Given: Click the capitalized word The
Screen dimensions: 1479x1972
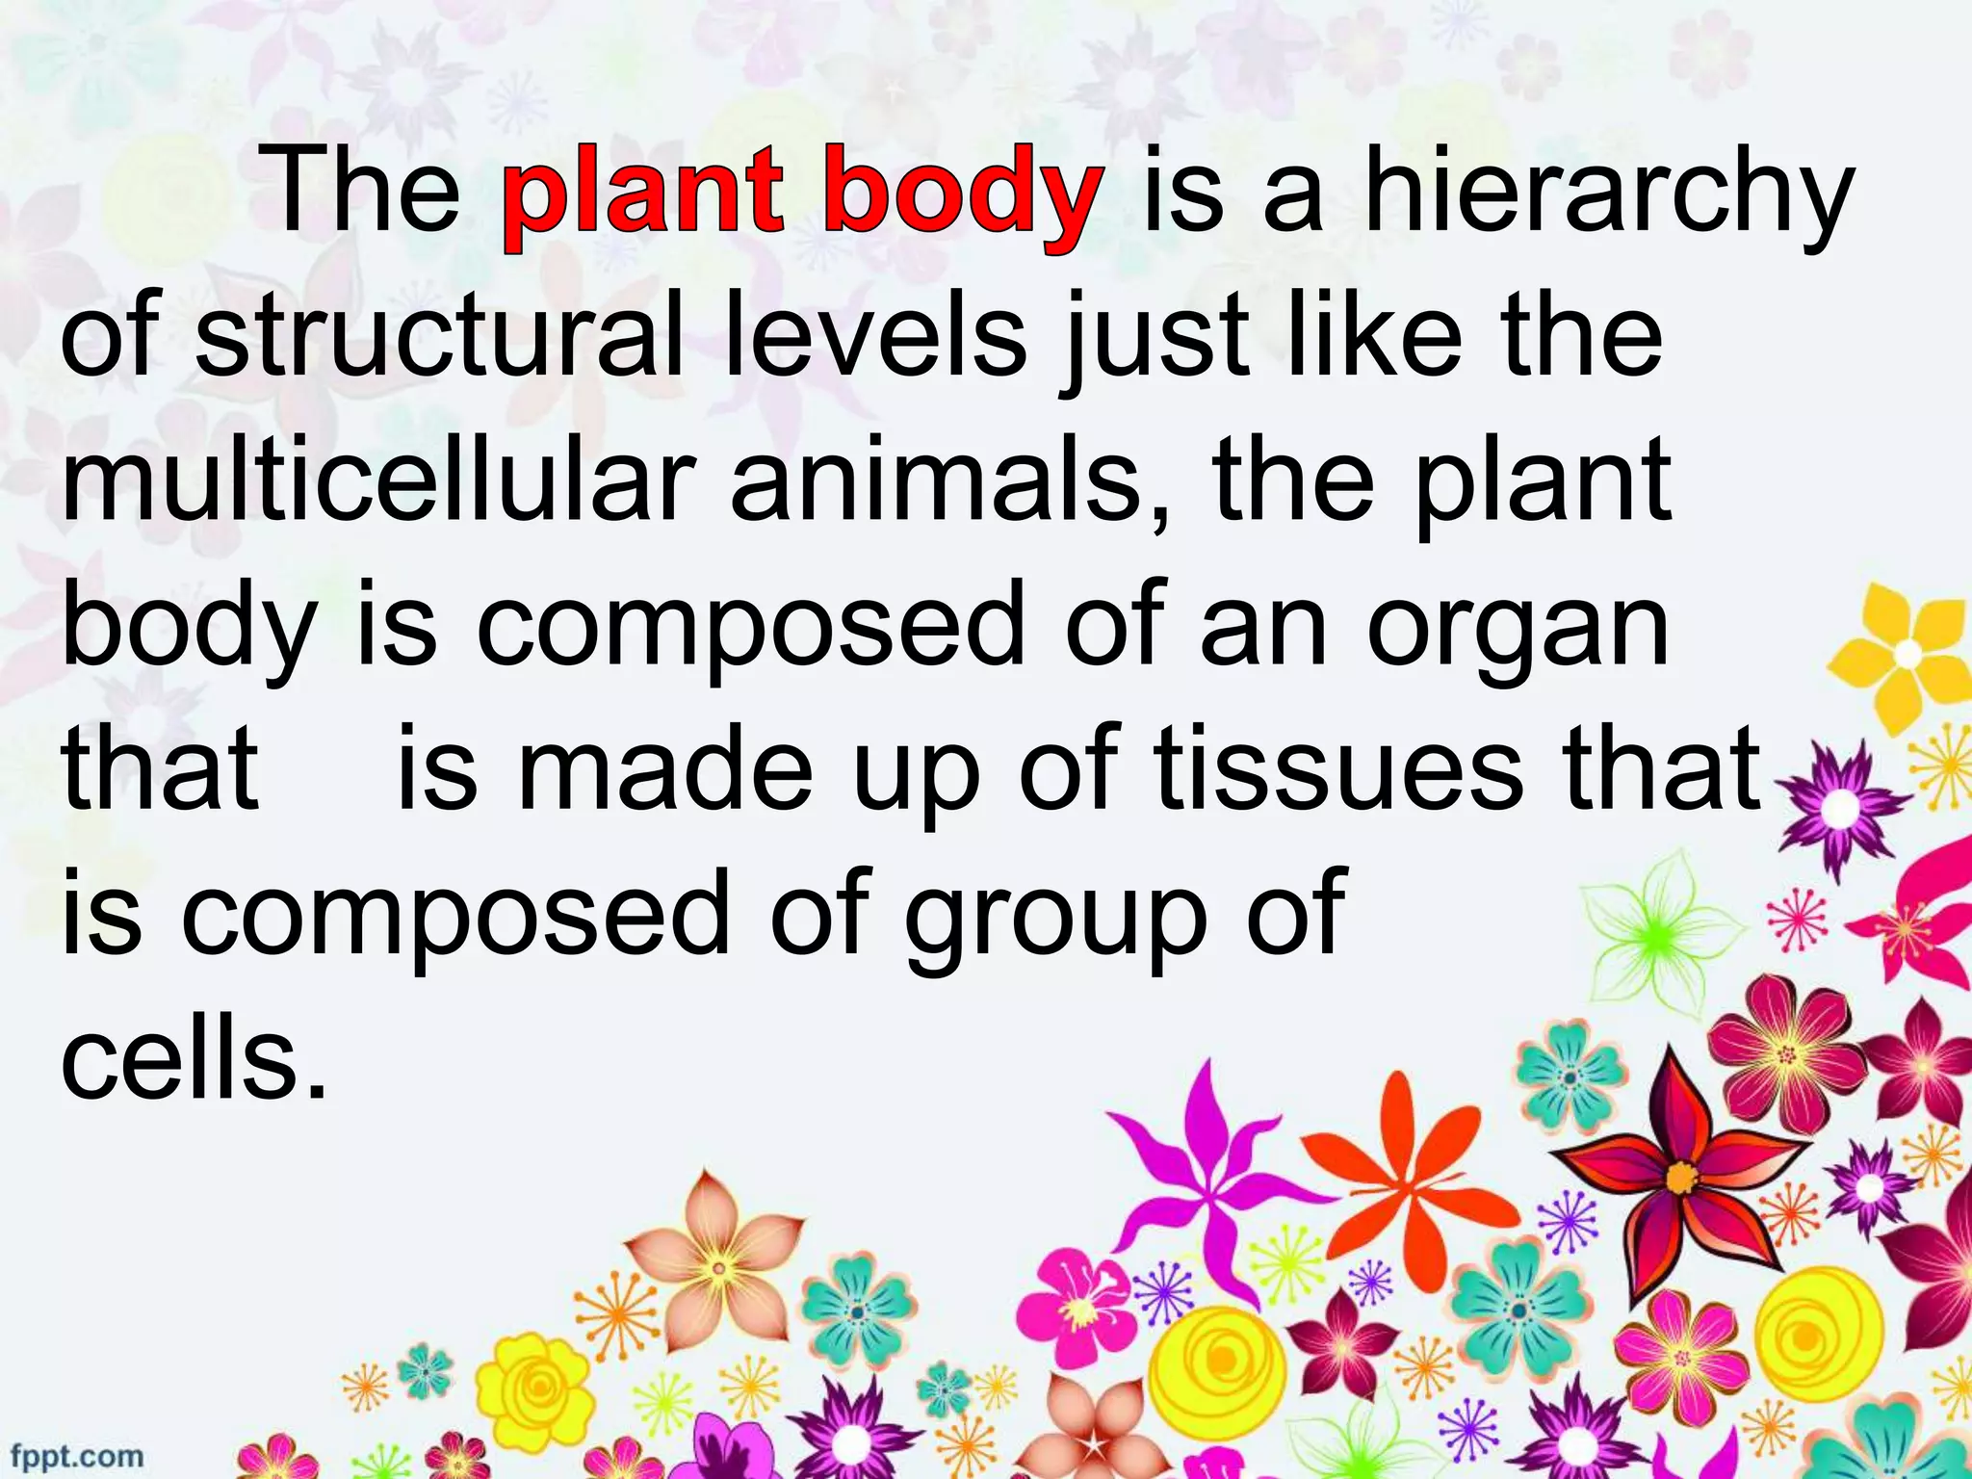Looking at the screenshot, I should [x=364, y=194].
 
